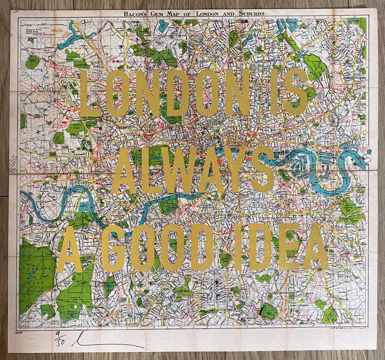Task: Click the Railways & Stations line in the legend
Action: coord(35,29)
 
